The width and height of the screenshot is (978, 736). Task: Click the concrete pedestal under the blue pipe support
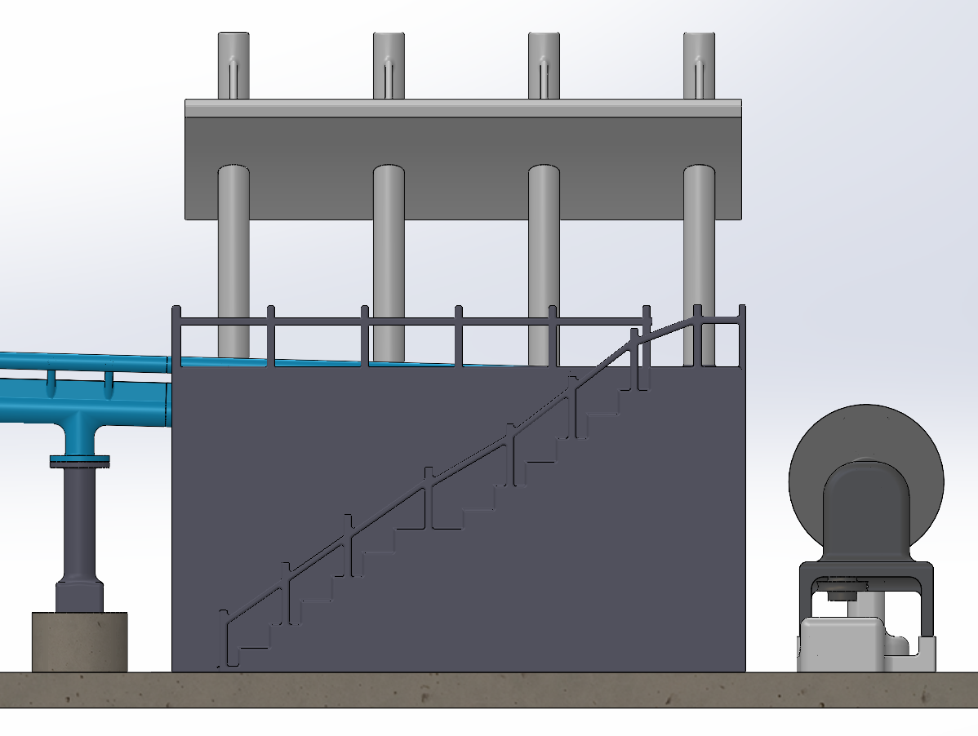[x=79, y=641]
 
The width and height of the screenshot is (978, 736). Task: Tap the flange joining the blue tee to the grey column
[x=80, y=462]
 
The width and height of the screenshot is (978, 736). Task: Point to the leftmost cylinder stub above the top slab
[x=233, y=65]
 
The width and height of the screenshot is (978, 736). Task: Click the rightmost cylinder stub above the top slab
[x=700, y=65]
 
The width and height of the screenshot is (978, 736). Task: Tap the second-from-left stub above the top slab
[x=389, y=65]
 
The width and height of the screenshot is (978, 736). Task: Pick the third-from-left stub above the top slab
[x=544, y=65]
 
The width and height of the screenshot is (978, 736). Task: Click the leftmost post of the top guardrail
[x=176, y=335]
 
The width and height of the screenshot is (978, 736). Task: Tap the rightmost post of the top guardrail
[x=741, y=335]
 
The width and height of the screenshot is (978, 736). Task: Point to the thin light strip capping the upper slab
[x=463, y=108]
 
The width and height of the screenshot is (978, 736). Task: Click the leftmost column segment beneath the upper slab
[x=233, y=261]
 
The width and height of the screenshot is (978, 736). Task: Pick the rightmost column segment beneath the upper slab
[x=700, y=261]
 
